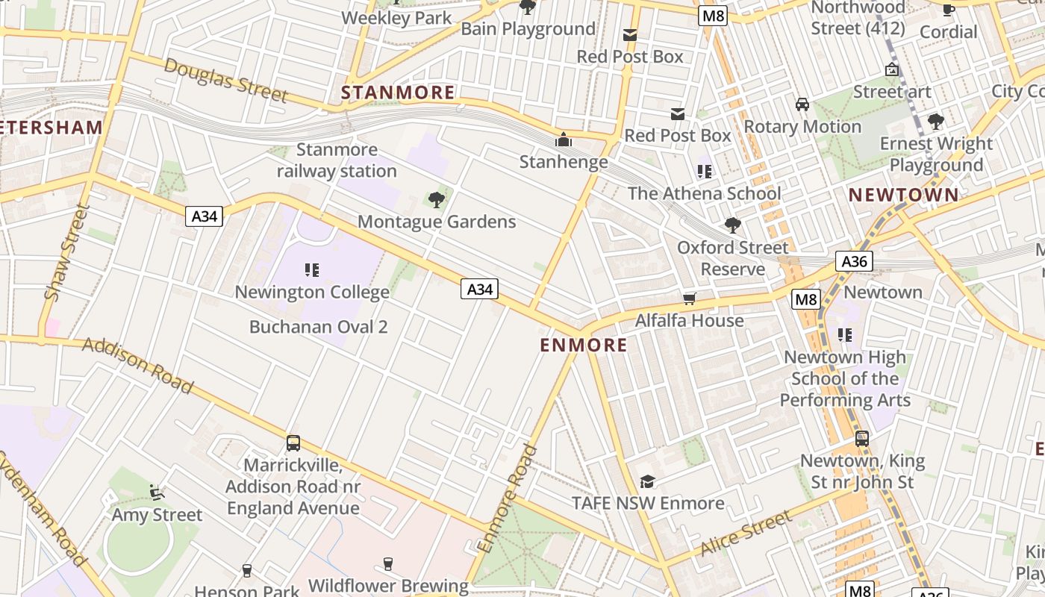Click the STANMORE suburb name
pos(397,93)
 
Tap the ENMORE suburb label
pos(583,345)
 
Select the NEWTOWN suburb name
pos(903,196)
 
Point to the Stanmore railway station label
pos(337,160)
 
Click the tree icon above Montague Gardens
pos(437,199)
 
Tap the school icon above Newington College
pos(312,269)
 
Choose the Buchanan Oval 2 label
pos(318,327)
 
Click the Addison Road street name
pos(138,365)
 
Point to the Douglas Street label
pos(225,80)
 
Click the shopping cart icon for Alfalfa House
pos(689,299)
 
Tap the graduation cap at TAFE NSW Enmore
pos(647,482)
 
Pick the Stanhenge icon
pos(563,140)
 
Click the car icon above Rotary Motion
pos(802,104)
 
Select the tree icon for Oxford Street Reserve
pos(732,225)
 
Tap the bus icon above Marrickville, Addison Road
pos(293,443)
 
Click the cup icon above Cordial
pos(948,10)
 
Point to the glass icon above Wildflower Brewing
pos(387,563)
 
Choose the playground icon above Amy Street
pos(157,492)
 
